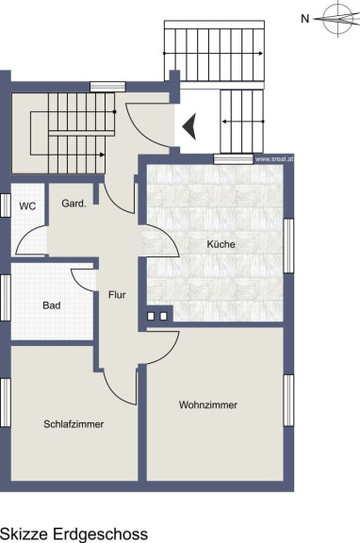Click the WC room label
coord(27,206)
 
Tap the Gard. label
coord(74,204)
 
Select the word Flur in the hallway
coord(117,295)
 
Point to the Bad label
coord(52,305)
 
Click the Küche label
coord(221,244)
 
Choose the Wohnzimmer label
coord(208,404)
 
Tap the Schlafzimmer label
coord(74,424)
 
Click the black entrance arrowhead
coord(189,126)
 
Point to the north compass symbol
coord(339,19)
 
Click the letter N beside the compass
coord(305,19)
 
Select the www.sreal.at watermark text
coord(274,159)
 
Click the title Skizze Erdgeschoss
coord(74,534)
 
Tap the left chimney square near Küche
coord(151,316)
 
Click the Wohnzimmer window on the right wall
coord(288,401)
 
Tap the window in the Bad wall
coord(6,298)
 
